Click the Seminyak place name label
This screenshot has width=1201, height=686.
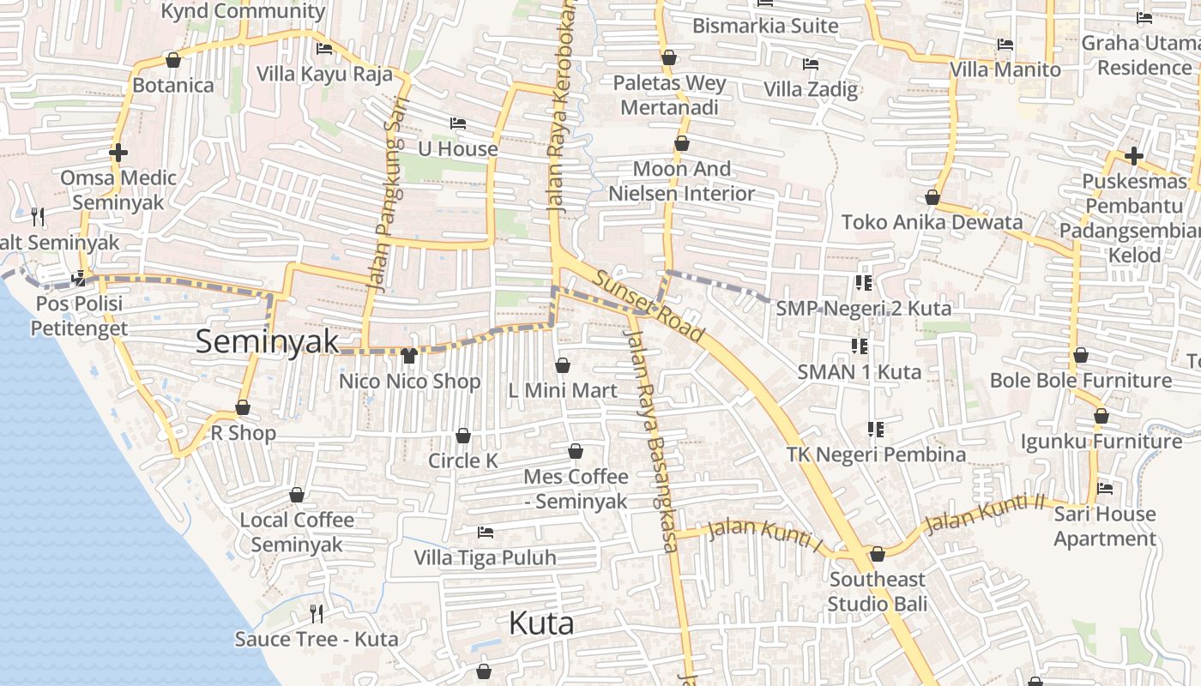pyautogui.click(x=268, y=341)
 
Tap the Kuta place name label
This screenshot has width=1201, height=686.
pyautogui.click(x=541, y=623)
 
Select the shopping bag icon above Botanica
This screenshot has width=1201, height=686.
pyautogui.click(x=173, y=60)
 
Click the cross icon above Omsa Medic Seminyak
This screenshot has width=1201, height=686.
pyautogui.click(x=118, y=153)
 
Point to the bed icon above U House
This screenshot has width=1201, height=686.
pyautogui.click(x=458, y=123)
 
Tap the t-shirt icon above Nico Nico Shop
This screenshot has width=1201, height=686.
pyautogui.click(x=408, y=355)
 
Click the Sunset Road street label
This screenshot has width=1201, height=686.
pyautogui.click(x=648, y=306)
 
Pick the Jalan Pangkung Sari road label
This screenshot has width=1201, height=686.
pyautogui.click(x=390, y=184)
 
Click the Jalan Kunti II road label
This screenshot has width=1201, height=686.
pyautogui.click(x=986, y=514)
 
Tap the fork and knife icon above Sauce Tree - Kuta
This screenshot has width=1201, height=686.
pyautogui.click(x=317, y=613)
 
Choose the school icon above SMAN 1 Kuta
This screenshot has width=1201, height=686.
pyautogui.click(x=860, y=346)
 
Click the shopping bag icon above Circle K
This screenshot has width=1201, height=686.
pyautogui.click(x=463, y=436)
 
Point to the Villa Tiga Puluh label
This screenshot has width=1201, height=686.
pyautogui.click(x=485, y=557)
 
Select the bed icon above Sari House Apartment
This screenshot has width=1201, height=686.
pyautogui.click(x=1105, y=489)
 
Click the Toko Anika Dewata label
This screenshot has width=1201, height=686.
pyautogui.click(x=932, y=222)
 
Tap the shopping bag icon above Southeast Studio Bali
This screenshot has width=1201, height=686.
pyautogui.click(x=877, y=554)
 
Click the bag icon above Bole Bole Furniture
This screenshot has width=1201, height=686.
pyautogui.click(x=1081, y=355)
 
